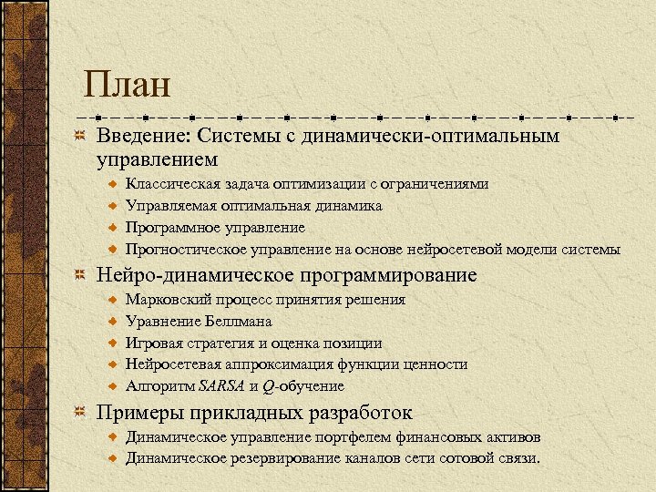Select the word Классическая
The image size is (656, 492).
(x=170, y=184)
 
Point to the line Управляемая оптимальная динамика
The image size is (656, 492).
(x=253, y=206)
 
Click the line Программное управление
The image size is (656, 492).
(x=215, y=228)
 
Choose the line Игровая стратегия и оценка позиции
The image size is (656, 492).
(x=253, y=343)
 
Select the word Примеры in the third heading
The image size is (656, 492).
(x=137, y=412)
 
